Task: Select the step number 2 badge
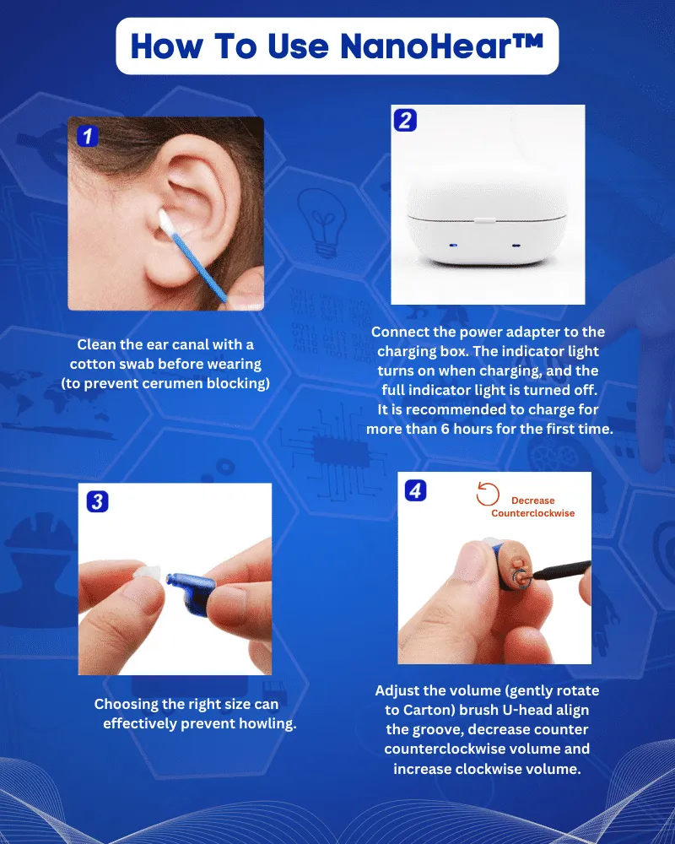click(x=405, y=120)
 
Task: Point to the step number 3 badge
click(x=98, y=502)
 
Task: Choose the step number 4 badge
click(x=415, y=490)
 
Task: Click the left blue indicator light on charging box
click(x=453, y=246)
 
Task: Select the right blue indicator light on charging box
click(x=516, y=246)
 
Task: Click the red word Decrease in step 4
click(x=532, y=500)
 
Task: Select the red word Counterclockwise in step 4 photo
click(x=532, y=513)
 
